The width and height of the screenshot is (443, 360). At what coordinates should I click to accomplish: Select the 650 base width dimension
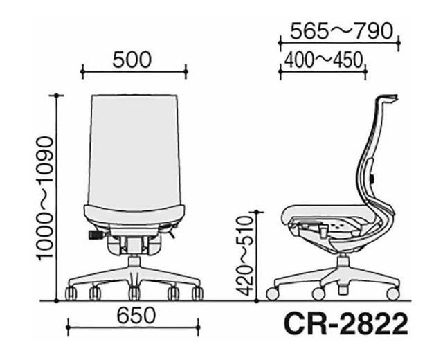(x=135, y=316)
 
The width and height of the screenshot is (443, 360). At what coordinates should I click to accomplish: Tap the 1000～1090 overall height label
(x=44, y=198)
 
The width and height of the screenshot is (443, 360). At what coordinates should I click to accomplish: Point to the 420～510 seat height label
(x=242, y=255)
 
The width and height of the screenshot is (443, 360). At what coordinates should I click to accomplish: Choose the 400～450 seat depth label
(x=322, y=60)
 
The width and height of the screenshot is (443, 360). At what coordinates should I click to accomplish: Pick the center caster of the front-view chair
(x=134, y=292)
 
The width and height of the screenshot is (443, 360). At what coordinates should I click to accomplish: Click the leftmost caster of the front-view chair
(x=71, y=294)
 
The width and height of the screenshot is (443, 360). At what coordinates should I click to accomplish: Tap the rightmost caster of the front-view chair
(x=198, y=294)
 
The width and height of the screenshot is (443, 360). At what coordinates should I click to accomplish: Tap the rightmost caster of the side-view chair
(x=392, y=294)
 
